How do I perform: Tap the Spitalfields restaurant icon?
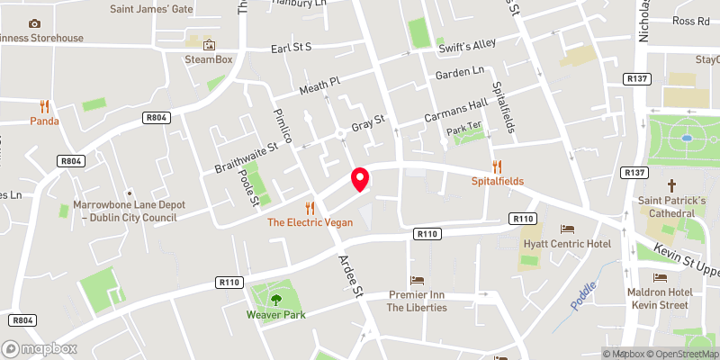pyautogui.click(x=497, y=166)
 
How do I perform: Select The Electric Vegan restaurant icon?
pyautogui.click(x=310, y=206)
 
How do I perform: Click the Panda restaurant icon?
pyautogui.click(x=44, y=105)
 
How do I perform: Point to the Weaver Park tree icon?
pyautogui.click(x=276, y=300)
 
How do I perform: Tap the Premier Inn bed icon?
pyautogui.click(x=416, y=280)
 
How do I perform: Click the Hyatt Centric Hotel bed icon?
pyautogui.click(x=567, y=229)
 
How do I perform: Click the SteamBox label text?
pyautogui.click(x=209, y=59)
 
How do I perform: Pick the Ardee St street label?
pyautogui.click(x=349, y=275)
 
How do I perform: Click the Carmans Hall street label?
pyautogui.click(x=454, y=112)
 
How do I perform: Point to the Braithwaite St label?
pyautogui.click(x=246, y=155)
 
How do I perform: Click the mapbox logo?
pyautogui.click(x=39, y=348)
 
